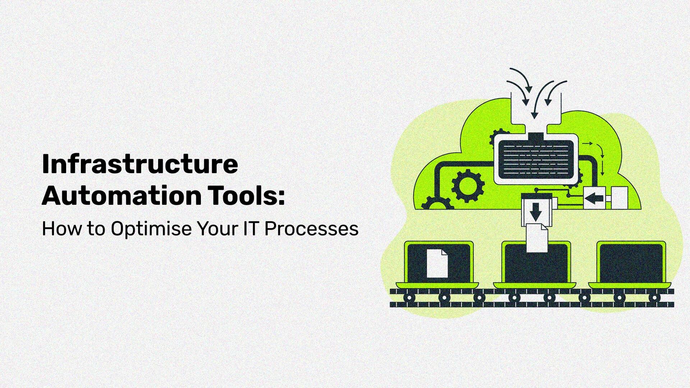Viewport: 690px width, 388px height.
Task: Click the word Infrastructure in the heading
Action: [x=140, y=164]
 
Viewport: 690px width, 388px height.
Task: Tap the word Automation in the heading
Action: [x=121, y=196]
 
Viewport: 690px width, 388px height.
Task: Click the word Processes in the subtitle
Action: [x=311, y=229]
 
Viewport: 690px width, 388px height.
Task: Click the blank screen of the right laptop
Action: [x=631, y=264]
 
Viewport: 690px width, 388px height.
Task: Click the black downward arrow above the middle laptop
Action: [x=535, y=212]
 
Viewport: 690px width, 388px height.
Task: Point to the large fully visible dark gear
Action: [x=468, y=186]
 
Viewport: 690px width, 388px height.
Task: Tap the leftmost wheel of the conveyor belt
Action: [x=409, y=297]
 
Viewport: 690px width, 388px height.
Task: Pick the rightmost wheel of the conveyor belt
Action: [x=654, y=297]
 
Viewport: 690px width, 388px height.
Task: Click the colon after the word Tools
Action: [x=281, y=197]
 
